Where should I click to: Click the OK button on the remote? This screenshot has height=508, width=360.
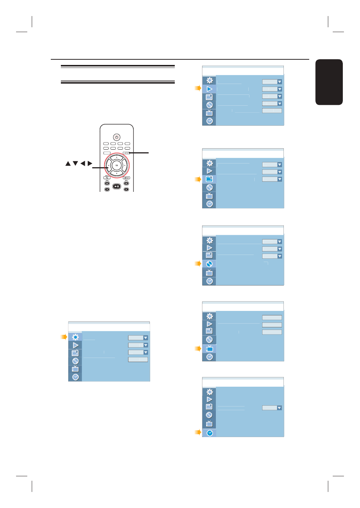(117, 165)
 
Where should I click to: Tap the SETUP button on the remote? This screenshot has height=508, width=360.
(126, 153)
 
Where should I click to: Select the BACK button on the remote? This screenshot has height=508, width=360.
(107, 178)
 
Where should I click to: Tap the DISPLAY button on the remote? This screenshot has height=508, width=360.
(126, 178)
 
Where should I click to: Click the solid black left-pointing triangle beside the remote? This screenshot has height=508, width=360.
(83, 163)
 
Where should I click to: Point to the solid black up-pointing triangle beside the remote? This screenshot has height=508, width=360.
(68, 163)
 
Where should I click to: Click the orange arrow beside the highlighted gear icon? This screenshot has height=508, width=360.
(64, 337)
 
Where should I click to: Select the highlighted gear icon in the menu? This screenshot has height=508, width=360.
(75, 337)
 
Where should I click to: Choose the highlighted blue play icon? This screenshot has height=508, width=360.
(209, 89)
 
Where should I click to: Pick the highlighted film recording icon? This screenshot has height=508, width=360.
(209, 179)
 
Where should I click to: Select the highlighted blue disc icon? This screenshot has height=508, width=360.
(209, 264)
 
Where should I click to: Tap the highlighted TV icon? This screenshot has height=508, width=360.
(209, 349)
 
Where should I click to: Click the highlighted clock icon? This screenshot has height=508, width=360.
(210, 433)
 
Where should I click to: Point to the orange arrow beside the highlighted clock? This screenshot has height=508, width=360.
(198, 433)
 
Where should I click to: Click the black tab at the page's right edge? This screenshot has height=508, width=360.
(329, 82)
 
